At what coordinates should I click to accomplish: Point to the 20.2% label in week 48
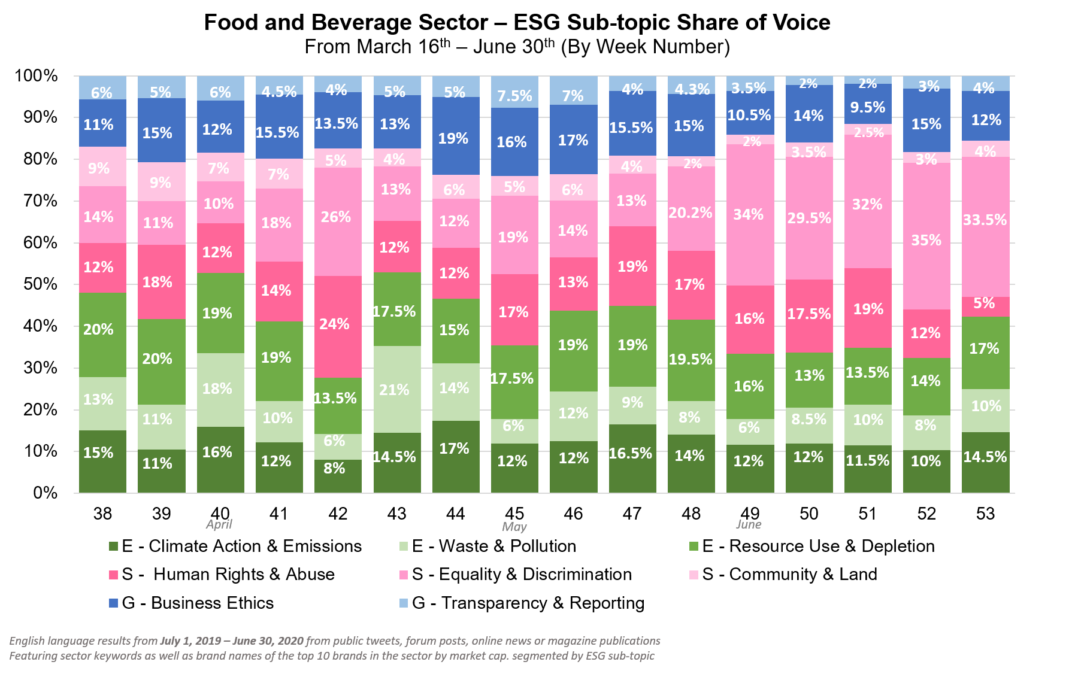pos(691,212)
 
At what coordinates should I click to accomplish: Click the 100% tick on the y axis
pos(37,76)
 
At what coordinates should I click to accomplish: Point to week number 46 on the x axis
pos(573,514)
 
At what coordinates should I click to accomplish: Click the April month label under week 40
pos(219,525)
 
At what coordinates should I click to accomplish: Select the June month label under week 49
pos(749,525)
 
